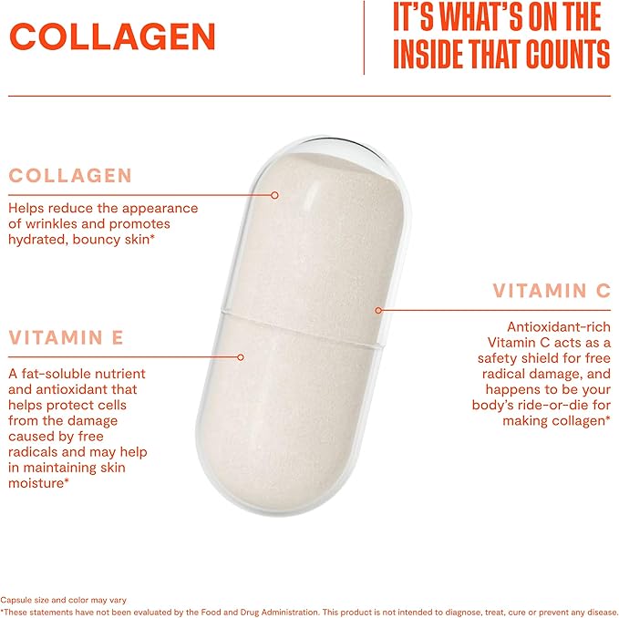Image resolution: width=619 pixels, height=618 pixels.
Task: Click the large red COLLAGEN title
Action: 114,36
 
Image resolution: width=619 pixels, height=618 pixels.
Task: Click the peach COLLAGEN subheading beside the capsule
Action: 70,176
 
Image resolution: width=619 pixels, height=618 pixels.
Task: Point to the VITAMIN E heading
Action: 66,338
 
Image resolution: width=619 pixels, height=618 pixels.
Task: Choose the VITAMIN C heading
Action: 552,291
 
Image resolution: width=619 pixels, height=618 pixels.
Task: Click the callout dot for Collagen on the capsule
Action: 274,194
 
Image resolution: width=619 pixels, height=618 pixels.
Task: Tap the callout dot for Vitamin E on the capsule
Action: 241,356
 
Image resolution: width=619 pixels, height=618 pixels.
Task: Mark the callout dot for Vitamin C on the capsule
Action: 378,310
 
